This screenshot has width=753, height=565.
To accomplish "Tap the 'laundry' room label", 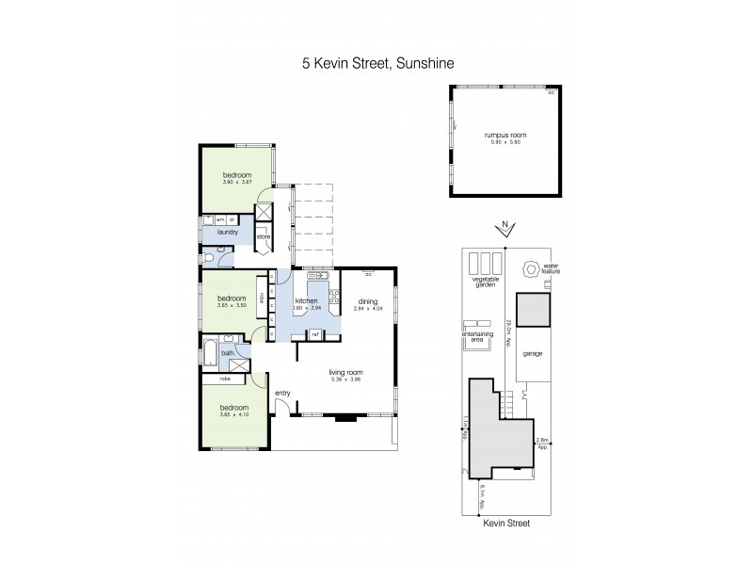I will click(x=227, y=232).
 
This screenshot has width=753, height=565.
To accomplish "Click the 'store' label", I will click(x=264, y=236).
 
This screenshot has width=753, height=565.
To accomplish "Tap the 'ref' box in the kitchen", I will click(x=316, y=334).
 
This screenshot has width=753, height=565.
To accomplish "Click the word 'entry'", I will click(x=281, y=393).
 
